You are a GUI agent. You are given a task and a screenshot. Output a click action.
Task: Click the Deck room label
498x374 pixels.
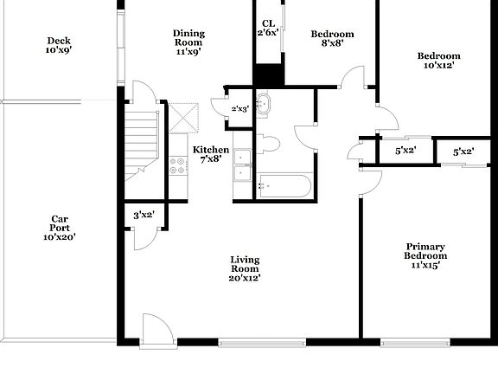coord(59,45)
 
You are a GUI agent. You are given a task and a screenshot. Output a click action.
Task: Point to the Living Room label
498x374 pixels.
coord(245,268)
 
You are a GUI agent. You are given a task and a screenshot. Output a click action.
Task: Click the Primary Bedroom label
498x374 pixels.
coord(426,255)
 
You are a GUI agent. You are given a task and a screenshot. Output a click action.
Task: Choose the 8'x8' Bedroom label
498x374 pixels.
coord(332,39)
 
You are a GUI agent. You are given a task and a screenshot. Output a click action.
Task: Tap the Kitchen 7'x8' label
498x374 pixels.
coord(211,154)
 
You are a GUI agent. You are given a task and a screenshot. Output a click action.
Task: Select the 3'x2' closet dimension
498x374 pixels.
coord(143,216)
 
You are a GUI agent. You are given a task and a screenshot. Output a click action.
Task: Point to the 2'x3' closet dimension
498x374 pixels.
coord(239,108)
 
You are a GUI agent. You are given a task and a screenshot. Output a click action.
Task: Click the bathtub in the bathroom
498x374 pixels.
coord(284,185)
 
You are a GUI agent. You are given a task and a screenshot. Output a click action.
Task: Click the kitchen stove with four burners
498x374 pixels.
coord(179,164)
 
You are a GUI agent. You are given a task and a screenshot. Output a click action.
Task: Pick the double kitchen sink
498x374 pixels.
coord(242,164)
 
